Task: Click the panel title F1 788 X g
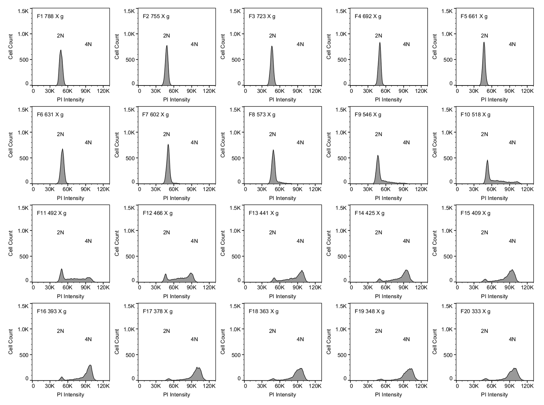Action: point(50,16)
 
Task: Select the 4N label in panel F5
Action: point(512,44)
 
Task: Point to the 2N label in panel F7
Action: point(166,134)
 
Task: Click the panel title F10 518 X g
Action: point(475,115)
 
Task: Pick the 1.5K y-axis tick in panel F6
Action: point(23,110)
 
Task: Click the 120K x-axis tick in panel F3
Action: point(315,91)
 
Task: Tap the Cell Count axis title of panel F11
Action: point(11,243)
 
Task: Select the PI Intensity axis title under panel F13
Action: point(283,296)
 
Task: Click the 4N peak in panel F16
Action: point(90,366)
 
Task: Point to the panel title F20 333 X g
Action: point(475,312)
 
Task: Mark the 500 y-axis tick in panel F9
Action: point(342,158)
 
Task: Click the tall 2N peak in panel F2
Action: point(167,46)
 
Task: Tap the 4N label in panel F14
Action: point(406,241)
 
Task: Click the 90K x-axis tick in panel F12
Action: point(191,288)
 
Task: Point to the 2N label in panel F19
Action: point(378,331)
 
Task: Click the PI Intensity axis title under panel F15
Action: point(494,296)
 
